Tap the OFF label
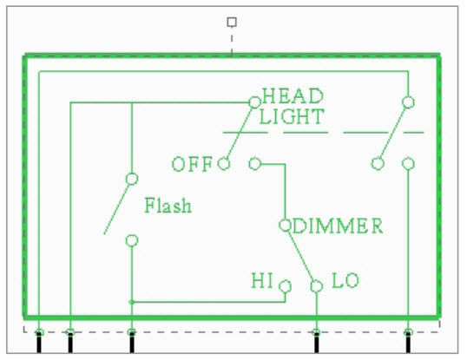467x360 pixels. point(191,164)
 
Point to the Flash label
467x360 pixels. point(168,206)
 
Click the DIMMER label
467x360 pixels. point(338,227)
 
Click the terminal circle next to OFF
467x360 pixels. point(223,163)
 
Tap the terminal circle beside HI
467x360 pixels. point(286,285)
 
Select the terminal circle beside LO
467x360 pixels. point(317,285)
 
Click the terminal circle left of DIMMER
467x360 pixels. point(285,226)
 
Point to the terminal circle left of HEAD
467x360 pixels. point(254,102)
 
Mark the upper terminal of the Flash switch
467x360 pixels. point(132,179)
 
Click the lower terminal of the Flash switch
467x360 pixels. point(132,240)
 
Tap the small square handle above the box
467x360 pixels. point(231,22)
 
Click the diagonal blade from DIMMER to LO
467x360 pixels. point(300,255)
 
